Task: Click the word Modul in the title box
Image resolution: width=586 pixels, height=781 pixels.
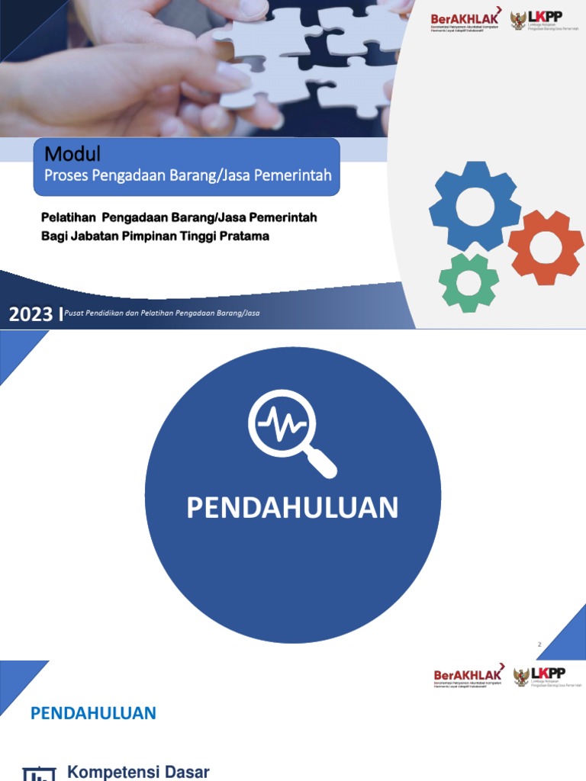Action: click(72, 154)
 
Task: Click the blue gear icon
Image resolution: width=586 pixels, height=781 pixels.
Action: click(475, 205)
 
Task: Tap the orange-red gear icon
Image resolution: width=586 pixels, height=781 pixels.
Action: click(546, 246)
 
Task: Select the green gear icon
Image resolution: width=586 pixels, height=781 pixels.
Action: click(468, 282)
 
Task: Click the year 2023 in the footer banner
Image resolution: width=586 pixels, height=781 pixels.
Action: click(31, 313)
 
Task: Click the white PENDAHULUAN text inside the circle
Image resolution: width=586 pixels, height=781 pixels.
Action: click(292, 508)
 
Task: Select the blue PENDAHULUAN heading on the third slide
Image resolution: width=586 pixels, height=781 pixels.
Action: click(93, 713)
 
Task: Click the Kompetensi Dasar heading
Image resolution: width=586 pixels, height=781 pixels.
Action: click(138, 772)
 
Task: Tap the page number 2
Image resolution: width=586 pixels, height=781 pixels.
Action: click(539, 644)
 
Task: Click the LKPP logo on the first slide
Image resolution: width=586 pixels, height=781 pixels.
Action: click(539, 19)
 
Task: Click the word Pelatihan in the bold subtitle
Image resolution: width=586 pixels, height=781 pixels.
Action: click(68, 218)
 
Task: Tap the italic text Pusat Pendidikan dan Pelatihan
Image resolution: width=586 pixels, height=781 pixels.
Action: click(122, 313)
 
